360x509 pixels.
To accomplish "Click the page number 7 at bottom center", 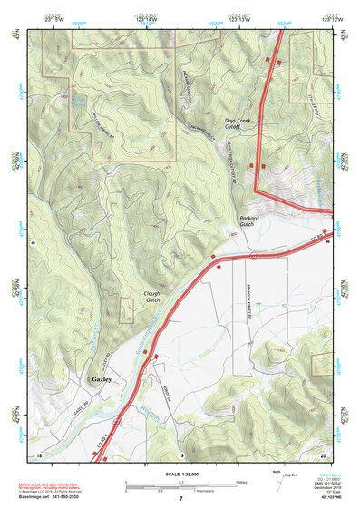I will (180, 499).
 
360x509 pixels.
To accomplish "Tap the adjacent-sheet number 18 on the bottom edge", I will (39, 454).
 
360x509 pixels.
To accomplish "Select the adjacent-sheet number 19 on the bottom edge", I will (180, 454).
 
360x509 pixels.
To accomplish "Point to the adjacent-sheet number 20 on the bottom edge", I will (323, 454).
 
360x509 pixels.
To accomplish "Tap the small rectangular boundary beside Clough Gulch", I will (127, 309).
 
